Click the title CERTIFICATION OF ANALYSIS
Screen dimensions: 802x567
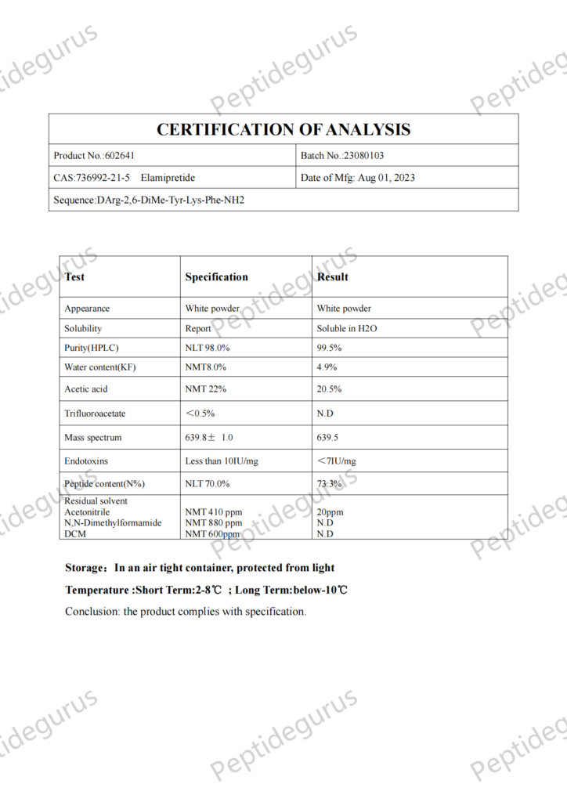coord(283,129)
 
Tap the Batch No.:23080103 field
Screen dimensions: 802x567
coord(342,156)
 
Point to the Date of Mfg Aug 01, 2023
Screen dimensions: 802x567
coord(358,178)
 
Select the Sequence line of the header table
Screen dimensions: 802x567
coord(149,200)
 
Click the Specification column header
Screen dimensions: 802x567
coord(216,277)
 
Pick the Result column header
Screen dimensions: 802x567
coord(333,277)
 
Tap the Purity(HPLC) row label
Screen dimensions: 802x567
coord(93,348)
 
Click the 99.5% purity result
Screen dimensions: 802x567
coord(329,348)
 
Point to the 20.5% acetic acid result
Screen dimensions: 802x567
coord(329,389)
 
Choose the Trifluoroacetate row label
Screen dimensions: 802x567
coord(95,413)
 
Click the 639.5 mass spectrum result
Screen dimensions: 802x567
coord(327,438)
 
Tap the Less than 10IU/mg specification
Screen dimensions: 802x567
coord(222,461)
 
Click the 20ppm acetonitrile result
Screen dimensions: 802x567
coord(330,512)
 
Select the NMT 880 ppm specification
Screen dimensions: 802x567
coord(214,522)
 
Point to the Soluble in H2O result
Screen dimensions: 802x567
coord(347,329)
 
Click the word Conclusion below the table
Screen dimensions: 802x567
coord(91,612)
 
